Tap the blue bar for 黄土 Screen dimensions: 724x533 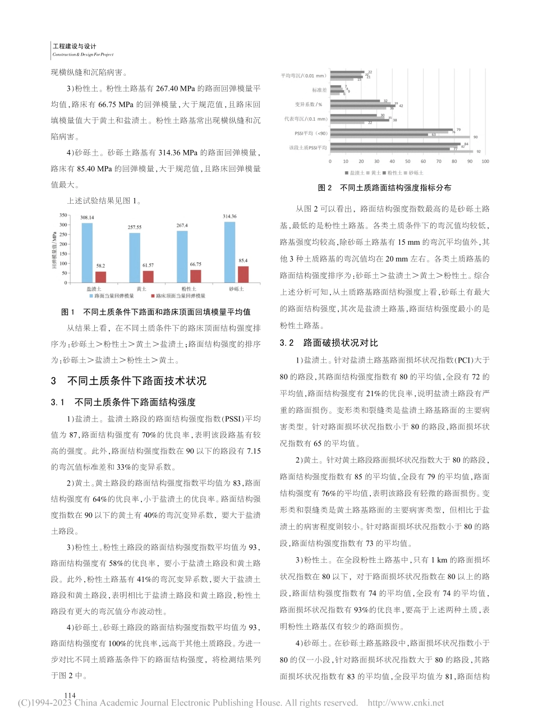[134, 258]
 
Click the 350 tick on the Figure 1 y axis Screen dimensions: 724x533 [62, 215]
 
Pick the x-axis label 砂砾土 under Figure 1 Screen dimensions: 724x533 [236, 288]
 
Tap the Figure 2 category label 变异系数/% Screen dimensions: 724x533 [309, 104]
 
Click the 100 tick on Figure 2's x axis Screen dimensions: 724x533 [485, 162]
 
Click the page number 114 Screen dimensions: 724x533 [70, 695]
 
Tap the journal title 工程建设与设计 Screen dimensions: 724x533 [74, 47]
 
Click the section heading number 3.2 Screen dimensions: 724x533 [287, 343]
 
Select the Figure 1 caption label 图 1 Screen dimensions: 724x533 [67, 312]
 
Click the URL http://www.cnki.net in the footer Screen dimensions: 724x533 [406, 703]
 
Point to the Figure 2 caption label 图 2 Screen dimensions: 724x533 [325, 188]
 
